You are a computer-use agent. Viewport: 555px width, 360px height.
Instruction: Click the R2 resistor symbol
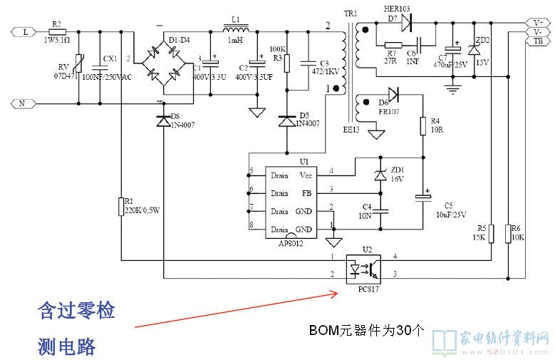(x=58, y=32)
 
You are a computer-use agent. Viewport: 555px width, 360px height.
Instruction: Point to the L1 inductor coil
(x=237, y=31)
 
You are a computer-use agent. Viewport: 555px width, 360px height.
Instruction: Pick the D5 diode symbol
(x=286, y=121)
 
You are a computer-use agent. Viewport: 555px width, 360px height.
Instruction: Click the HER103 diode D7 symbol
(x=407, y=23)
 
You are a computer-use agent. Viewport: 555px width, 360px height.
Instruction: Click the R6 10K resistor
(x=507, y=233)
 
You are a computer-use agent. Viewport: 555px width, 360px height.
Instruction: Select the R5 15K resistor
(x=491, y=233)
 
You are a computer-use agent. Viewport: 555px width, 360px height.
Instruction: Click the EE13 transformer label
(x=352, y=130)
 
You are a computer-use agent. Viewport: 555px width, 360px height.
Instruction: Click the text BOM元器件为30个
(x=366, y=330)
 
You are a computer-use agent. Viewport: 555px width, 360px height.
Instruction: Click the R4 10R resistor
(x=422, y=126)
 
